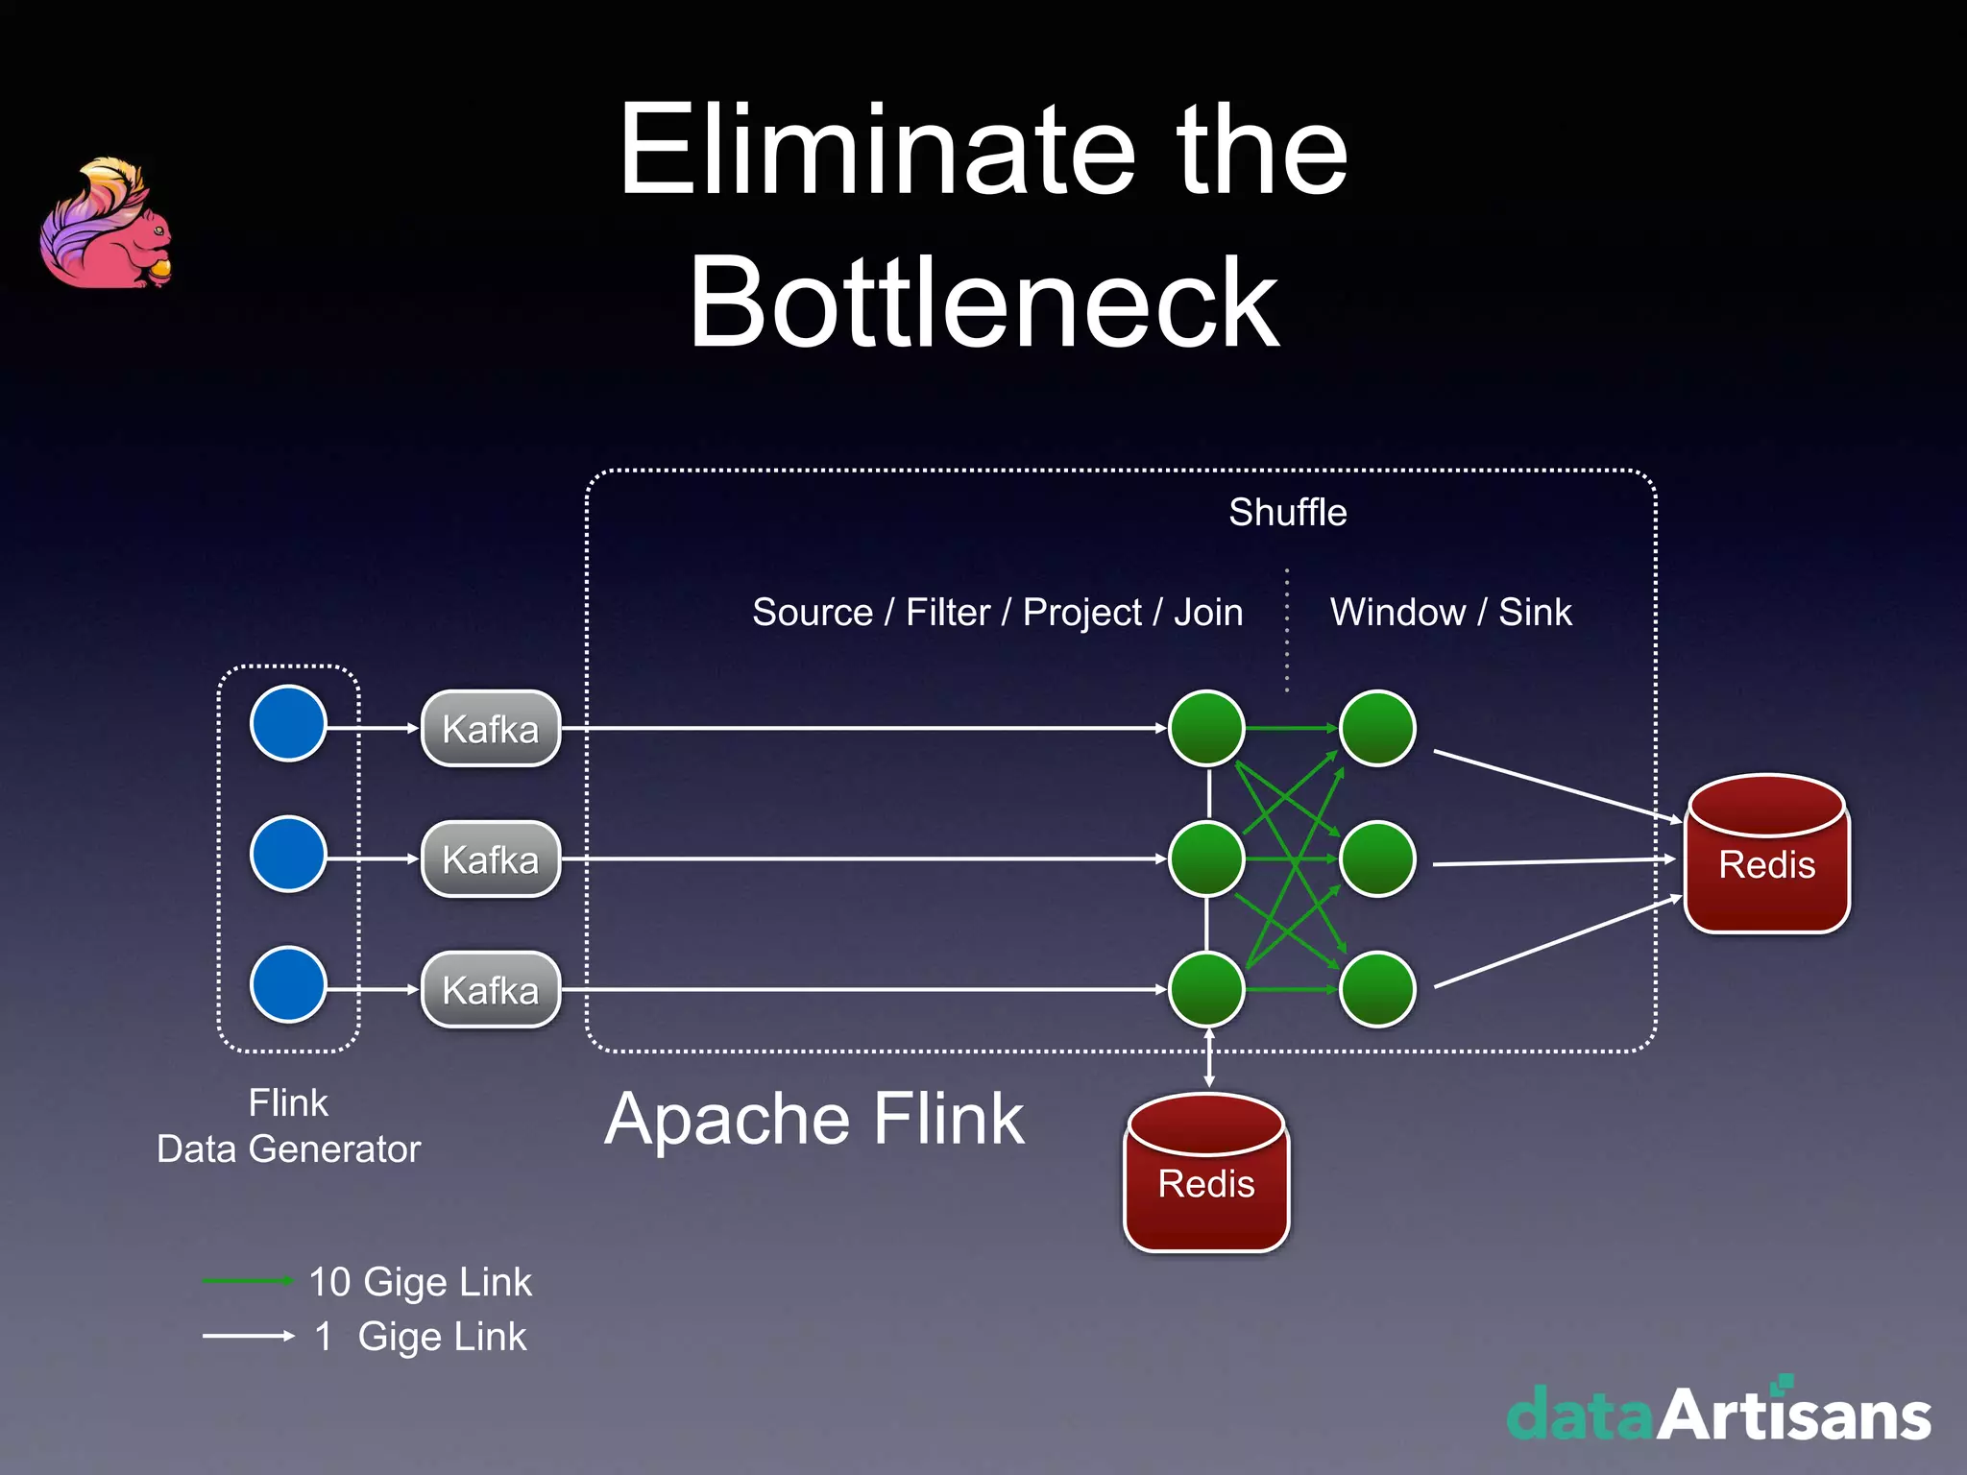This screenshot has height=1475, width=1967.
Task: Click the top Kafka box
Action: pyautogui.click(x=491, y=728)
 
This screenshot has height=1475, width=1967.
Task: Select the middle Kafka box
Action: pyautogui.click(x=491, y=858)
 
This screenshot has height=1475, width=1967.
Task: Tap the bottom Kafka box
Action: pyautogui.click(x=491, y=989)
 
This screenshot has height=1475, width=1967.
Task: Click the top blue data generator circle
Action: pyautogui.click(x=288, y=723)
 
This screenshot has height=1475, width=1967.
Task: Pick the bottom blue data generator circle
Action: pyautogui.click(x=288, y=984)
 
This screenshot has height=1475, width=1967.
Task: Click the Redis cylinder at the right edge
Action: pyautogui.click(x=1767, y=854)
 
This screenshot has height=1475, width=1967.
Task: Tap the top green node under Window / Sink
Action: pyautogui.click(x=1377, y=728)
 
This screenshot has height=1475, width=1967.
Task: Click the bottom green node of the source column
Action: pyautogui.click(x=1206, y=989)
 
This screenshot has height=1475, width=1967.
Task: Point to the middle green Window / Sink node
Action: pyautogui.click(x=1377, y=858)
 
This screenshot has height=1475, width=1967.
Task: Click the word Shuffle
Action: pyautogui.click(x=1287, y=513)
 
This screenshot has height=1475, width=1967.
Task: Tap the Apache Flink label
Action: pyautogui.click(x=814, y=1120)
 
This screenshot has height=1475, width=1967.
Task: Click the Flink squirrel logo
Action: pyautogui.click(x=106, y=226)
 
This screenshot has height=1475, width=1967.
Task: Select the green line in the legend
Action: pyautogui.click(x=247, y=1281)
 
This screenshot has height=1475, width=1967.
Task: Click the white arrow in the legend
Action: pyautogui.click(x=248, y=1336)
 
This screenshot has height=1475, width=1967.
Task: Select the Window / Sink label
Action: pyautogui.click(x=1450, y=613)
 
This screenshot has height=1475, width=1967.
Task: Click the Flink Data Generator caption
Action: pyautogui.click(x=288, y=1125)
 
